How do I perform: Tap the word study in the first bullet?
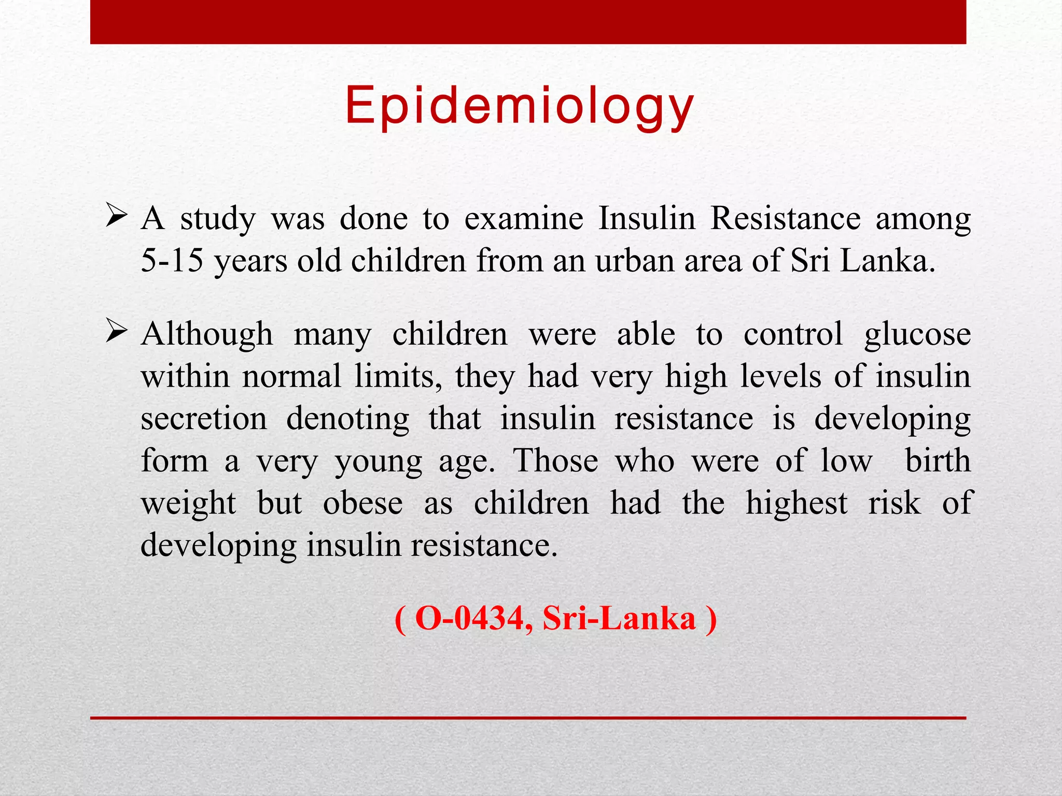(218, 219)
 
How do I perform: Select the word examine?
(524, 218)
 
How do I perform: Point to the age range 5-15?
(172, 260)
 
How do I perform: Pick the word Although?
(207, 334)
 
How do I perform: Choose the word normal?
(291, 376)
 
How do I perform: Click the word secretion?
(204, 419)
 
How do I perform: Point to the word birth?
(938, 460)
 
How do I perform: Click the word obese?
(362, 503)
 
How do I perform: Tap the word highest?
(796, 503)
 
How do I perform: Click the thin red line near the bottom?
(528, 718)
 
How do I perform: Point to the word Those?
(555, 461)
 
